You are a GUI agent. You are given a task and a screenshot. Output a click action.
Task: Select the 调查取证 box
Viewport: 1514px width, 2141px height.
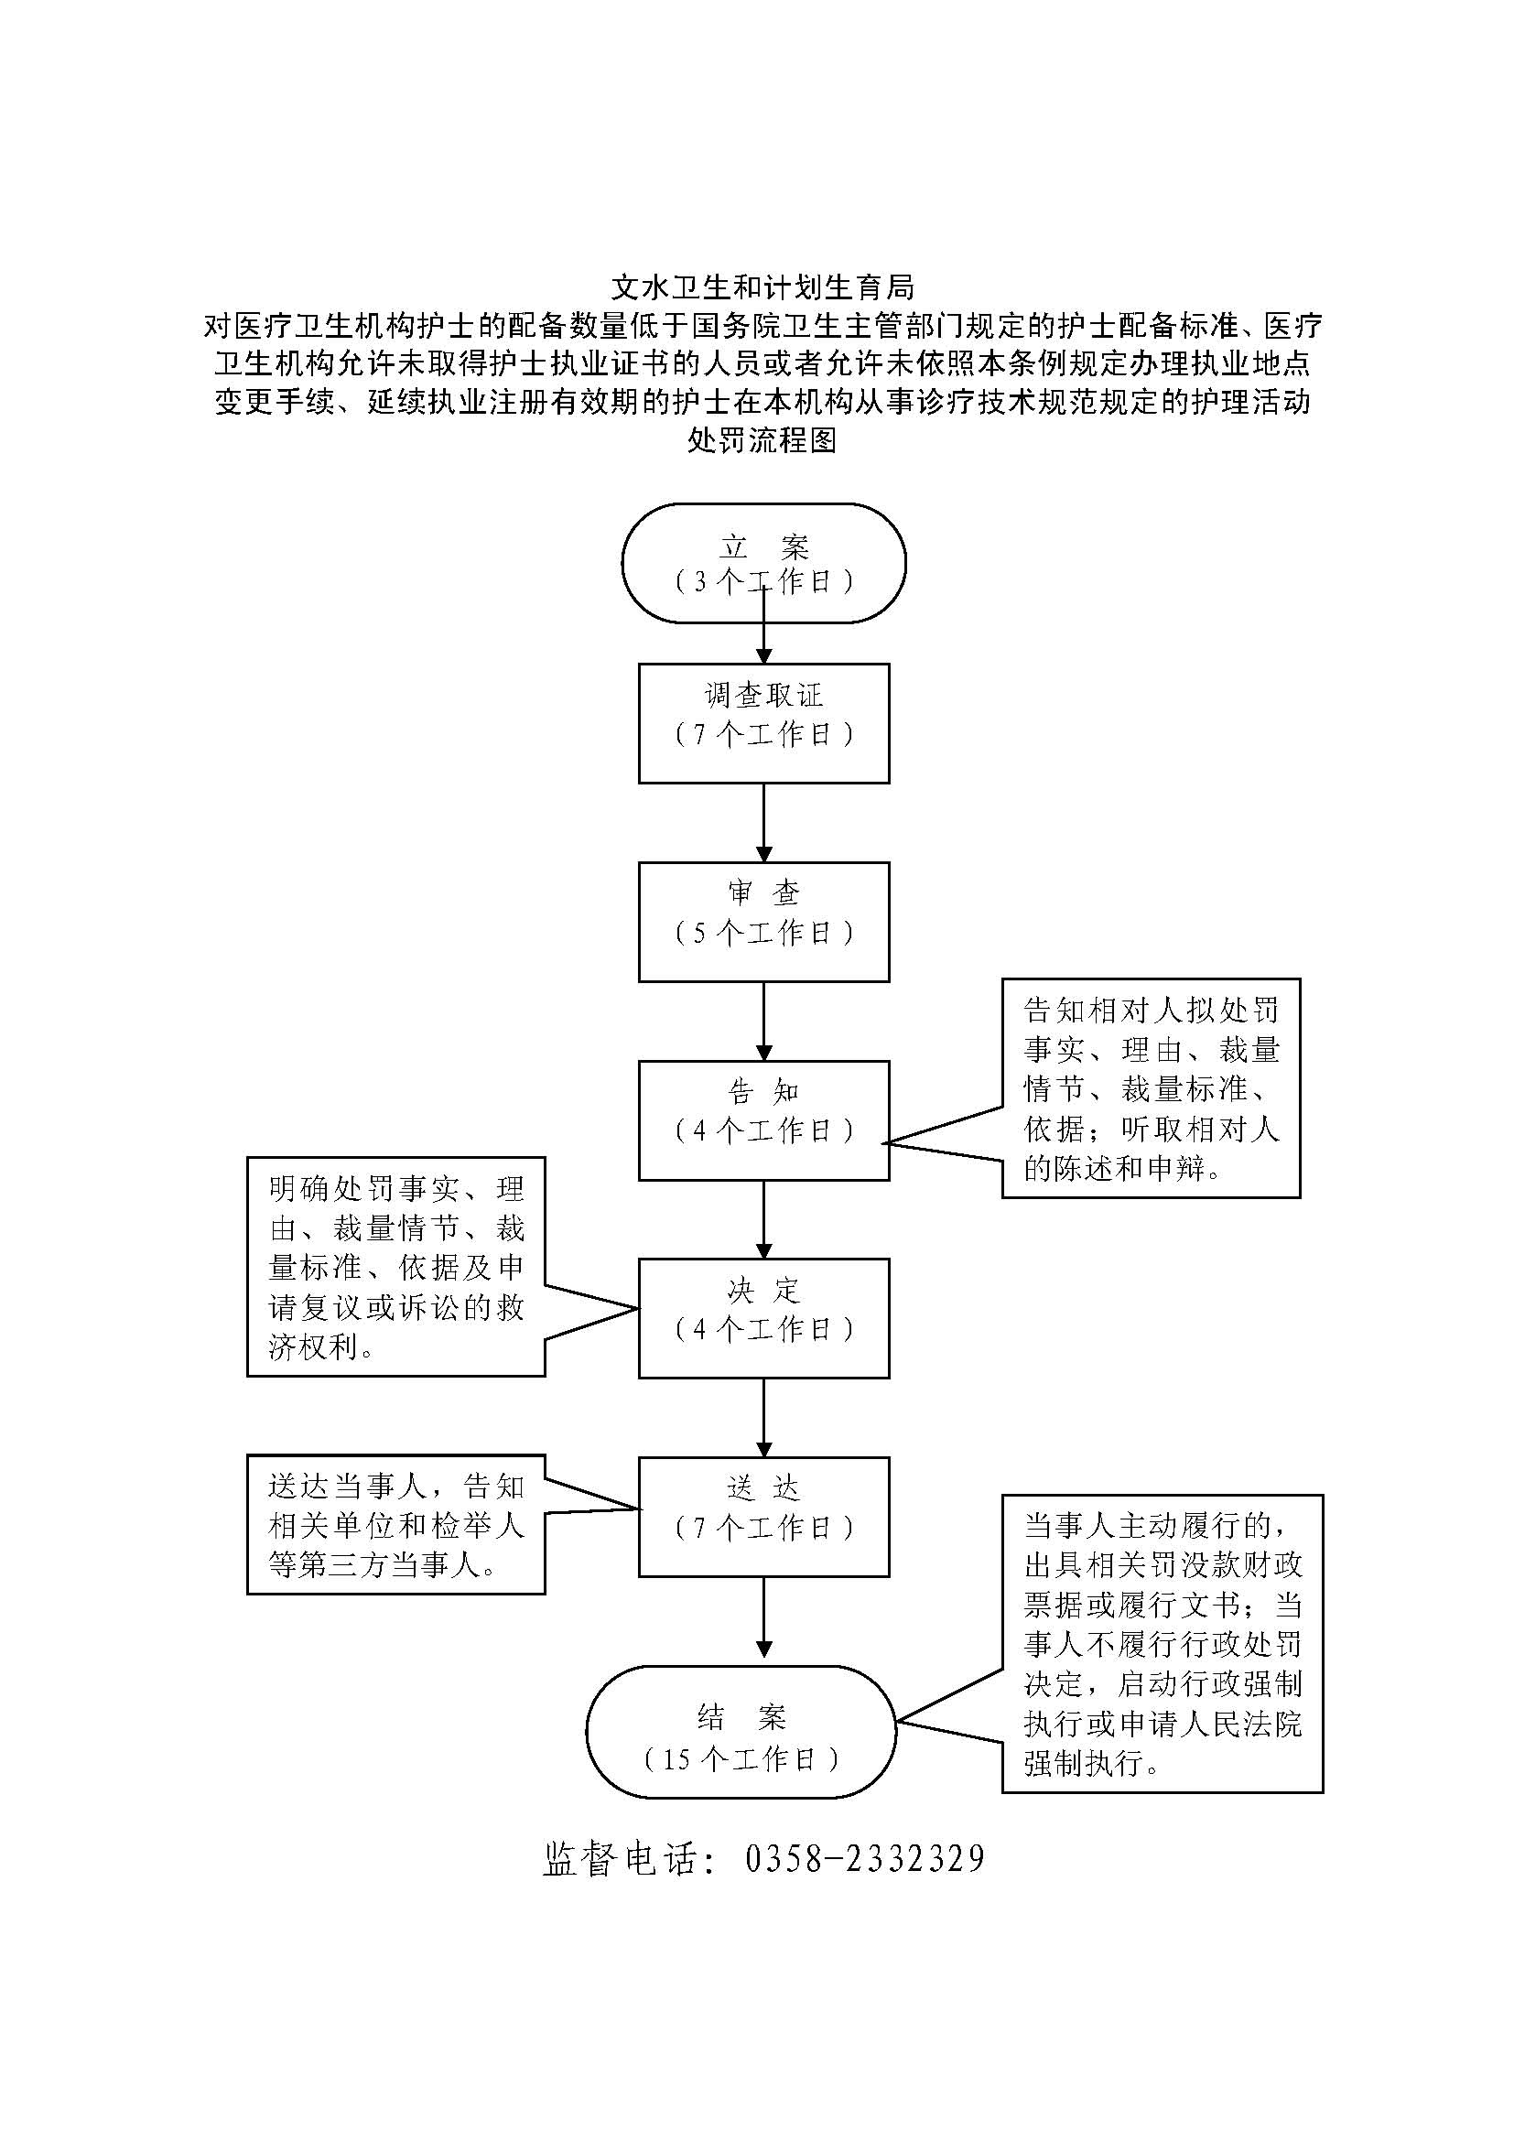[763, 723]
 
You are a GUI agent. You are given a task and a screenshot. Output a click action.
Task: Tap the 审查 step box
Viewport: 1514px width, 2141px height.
[763, 922]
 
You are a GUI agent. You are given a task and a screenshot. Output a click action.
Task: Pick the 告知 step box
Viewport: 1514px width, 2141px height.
[763, 1119]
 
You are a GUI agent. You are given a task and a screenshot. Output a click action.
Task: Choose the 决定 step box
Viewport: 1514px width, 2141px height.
[763, 1318]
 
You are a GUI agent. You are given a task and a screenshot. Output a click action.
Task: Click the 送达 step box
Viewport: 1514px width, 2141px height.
[763, 1517]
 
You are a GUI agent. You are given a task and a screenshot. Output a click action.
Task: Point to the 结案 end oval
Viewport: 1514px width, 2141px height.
[741, 1732]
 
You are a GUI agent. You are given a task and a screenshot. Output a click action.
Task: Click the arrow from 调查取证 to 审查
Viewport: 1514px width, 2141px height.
[763, 823]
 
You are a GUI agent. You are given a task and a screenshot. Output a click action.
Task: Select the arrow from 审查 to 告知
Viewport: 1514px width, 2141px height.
[763, 1022]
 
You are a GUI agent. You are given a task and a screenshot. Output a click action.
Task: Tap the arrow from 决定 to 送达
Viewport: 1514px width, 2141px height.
[763, 1417]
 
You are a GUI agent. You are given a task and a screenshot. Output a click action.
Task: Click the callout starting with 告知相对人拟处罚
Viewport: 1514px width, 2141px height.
[1151, 1088]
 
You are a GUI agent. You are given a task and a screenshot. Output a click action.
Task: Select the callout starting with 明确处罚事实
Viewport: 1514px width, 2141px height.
[396, 1267]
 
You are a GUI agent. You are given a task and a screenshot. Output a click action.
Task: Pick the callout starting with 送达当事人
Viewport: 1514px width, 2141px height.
[396, 1525]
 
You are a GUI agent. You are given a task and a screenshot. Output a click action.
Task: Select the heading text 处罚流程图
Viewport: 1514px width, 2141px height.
[762, 440]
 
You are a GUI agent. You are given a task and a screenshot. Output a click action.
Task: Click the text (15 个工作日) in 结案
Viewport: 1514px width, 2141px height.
[741, 1758]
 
